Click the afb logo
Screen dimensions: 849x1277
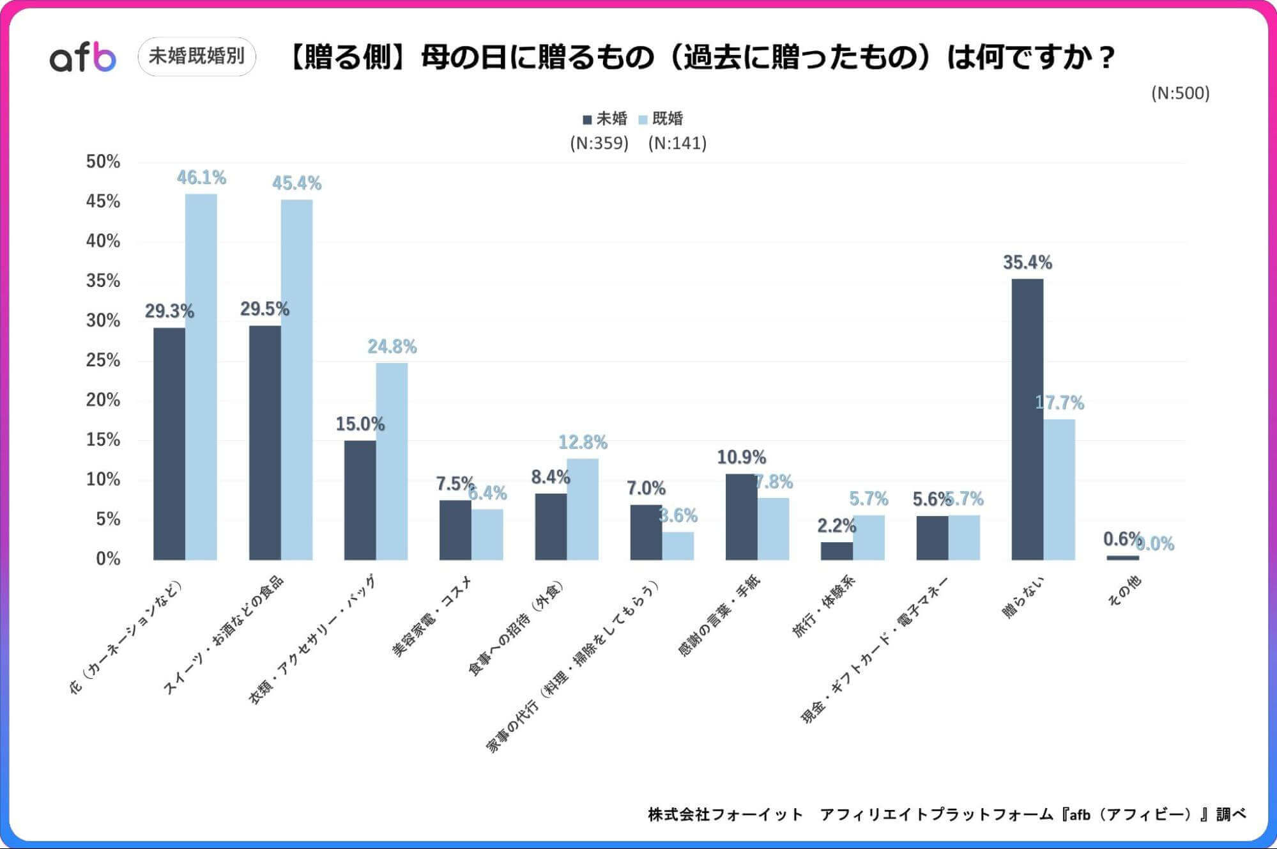83,58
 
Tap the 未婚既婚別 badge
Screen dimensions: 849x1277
197,56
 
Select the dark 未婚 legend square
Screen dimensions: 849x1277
587,120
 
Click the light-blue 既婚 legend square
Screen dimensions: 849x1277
643,120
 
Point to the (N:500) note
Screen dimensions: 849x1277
1180,93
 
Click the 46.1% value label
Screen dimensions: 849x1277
201,178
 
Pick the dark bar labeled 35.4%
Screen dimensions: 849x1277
1027,419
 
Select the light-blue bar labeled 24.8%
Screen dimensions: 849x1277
392,461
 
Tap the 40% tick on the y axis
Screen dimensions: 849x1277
103,241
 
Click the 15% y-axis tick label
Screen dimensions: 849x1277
103,440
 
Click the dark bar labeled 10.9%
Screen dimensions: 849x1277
741,517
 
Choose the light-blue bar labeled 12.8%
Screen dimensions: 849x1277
583,509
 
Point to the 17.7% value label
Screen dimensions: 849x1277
1059,403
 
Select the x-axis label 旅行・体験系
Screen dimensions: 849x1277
824,606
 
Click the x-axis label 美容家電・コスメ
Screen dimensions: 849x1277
432,616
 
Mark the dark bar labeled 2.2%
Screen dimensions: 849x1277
836,550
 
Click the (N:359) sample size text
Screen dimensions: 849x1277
599,143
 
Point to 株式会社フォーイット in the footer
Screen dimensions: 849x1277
725,814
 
